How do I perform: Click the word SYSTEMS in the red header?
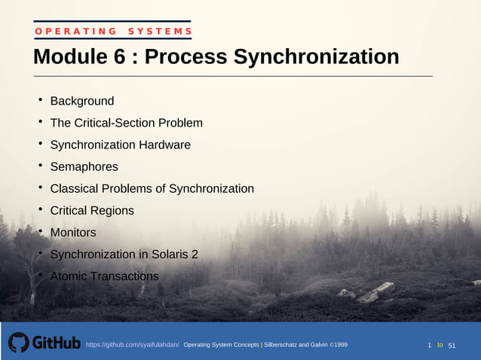160,31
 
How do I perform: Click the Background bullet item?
82,101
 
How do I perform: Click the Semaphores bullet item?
84,166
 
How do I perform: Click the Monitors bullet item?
73,233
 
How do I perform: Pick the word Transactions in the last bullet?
124,276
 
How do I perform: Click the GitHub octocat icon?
19,343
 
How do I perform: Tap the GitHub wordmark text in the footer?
57,343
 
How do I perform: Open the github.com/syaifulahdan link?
132,345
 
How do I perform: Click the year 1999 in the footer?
339,345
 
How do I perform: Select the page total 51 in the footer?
452,345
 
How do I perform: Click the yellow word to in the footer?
440,345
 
